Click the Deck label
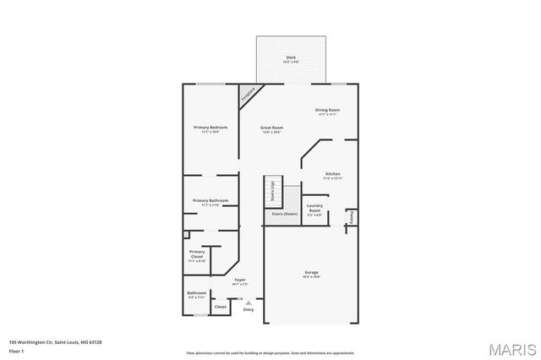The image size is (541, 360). pyautogui.click(x=291, y=57)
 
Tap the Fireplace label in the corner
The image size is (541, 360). pyautogui.click(x=249, y=94)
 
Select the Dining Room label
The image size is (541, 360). pyautogui.click(x=327, y=110)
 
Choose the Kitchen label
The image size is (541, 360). pyautogui.click(x=333, y=175)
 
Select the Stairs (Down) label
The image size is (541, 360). pyautogui.click(x=284, y=214)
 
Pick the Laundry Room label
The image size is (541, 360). pyautogui.click(x=314, y=207)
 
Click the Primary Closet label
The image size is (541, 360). pyautogui.click(x=197, y=254)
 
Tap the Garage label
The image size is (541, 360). pyautogui.click(x=311, y=272)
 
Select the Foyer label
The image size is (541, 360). pyautogui.click(x=240, y=280)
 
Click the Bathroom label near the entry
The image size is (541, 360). pyautogui.click(x=196, y=293)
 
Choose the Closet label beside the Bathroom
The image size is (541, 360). pyautogui.click(x=221, y=307)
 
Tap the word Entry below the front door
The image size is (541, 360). pyautogui.click(x=249, y=309)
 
